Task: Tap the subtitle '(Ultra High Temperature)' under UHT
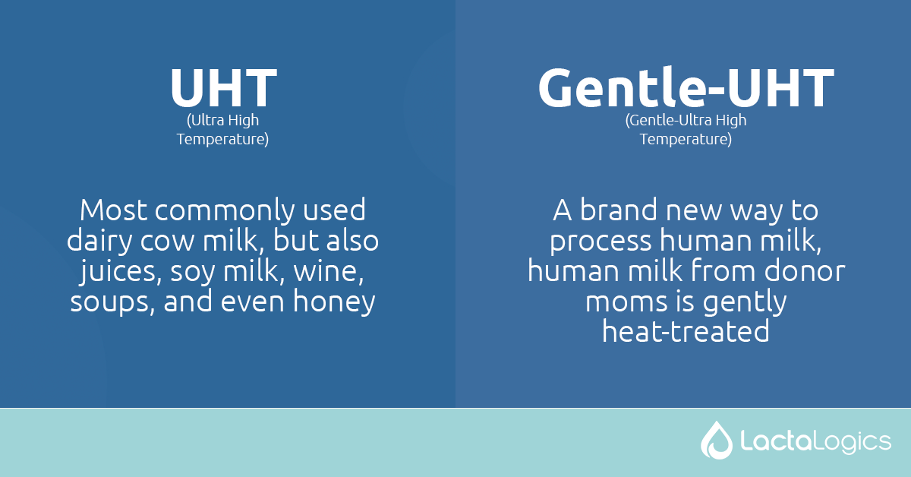(222, 130)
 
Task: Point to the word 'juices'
(111, 272)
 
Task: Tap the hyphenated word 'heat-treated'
(686, 333)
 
